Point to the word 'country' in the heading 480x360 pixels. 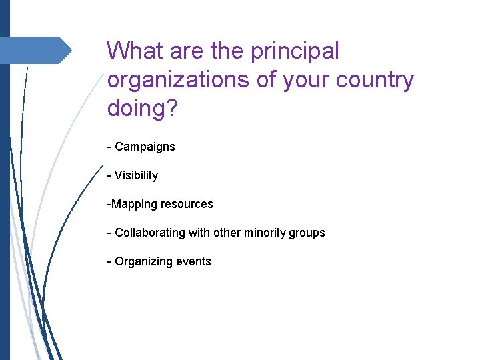tap(375, 79)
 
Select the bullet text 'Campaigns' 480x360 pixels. tap(145, 147)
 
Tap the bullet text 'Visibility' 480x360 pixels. tap(136, 175)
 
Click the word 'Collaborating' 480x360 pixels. tap(148, 233)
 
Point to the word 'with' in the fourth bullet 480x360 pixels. tap(197, 233)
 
